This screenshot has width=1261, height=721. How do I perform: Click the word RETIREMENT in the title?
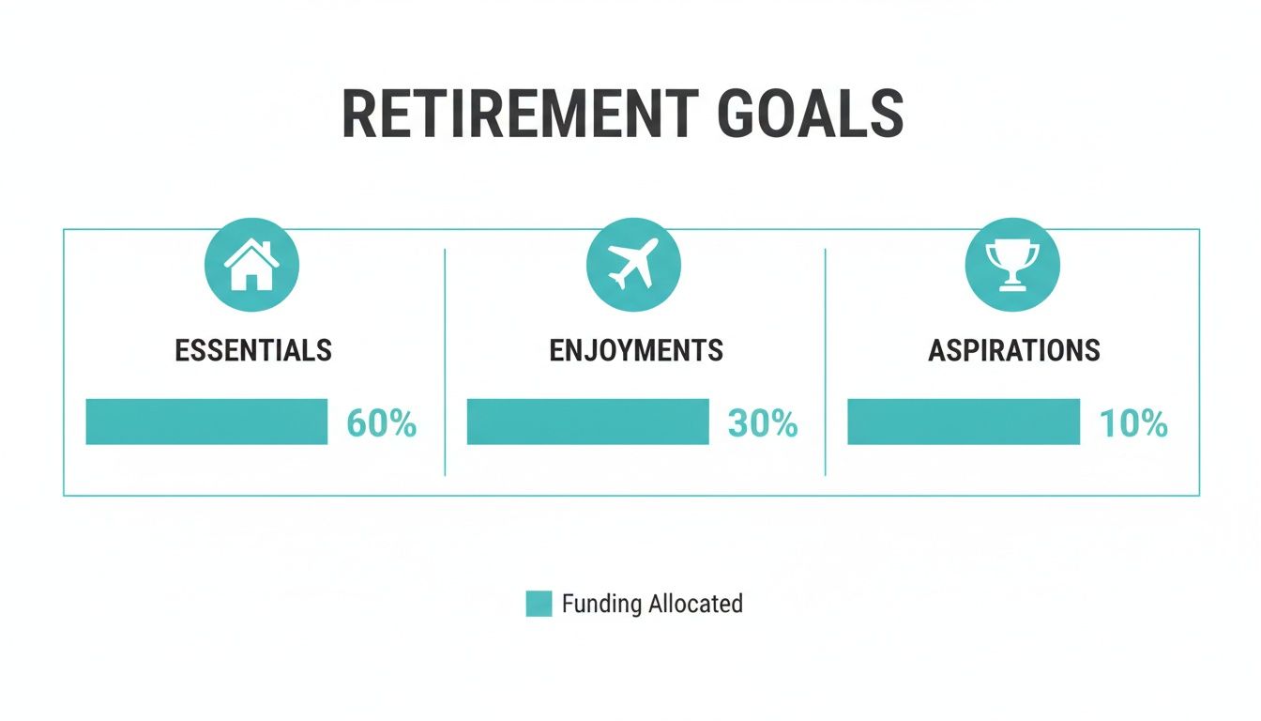pos(520,115)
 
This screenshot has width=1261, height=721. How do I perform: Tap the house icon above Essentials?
pos(251,267)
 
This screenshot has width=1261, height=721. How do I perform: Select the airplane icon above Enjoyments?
pos(633,267)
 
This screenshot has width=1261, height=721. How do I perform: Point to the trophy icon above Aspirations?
pos(1012,267)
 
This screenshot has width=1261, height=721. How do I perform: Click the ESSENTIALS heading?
pos(253,351)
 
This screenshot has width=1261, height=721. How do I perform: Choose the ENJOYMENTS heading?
pos(636,351)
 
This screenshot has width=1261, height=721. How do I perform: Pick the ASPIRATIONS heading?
pos(1014,351)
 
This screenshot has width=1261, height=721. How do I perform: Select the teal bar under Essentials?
pos(206,422)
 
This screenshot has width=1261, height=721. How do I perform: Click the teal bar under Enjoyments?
pos(587,422)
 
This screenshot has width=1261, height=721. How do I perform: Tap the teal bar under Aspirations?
pos(964,422)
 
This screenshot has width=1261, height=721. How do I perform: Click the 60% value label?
pos(381,424)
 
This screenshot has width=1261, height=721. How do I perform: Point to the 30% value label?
pos(763,424)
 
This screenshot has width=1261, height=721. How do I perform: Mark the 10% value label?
pos(1133,424)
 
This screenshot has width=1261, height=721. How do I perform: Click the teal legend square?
pos(539,604)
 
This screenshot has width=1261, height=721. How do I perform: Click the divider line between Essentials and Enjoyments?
pos(445,362)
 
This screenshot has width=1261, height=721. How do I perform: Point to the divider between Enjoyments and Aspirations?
pos(825,362)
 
